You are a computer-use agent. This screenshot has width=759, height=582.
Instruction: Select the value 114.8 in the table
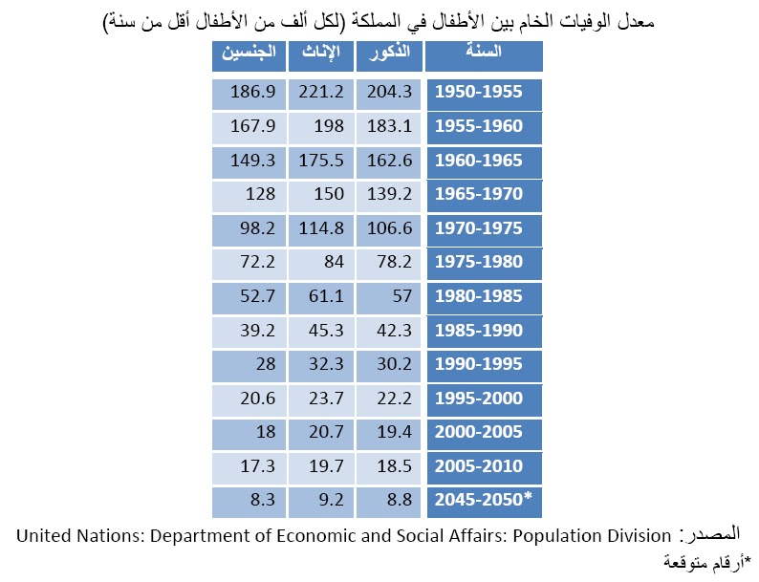pos(321,229)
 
